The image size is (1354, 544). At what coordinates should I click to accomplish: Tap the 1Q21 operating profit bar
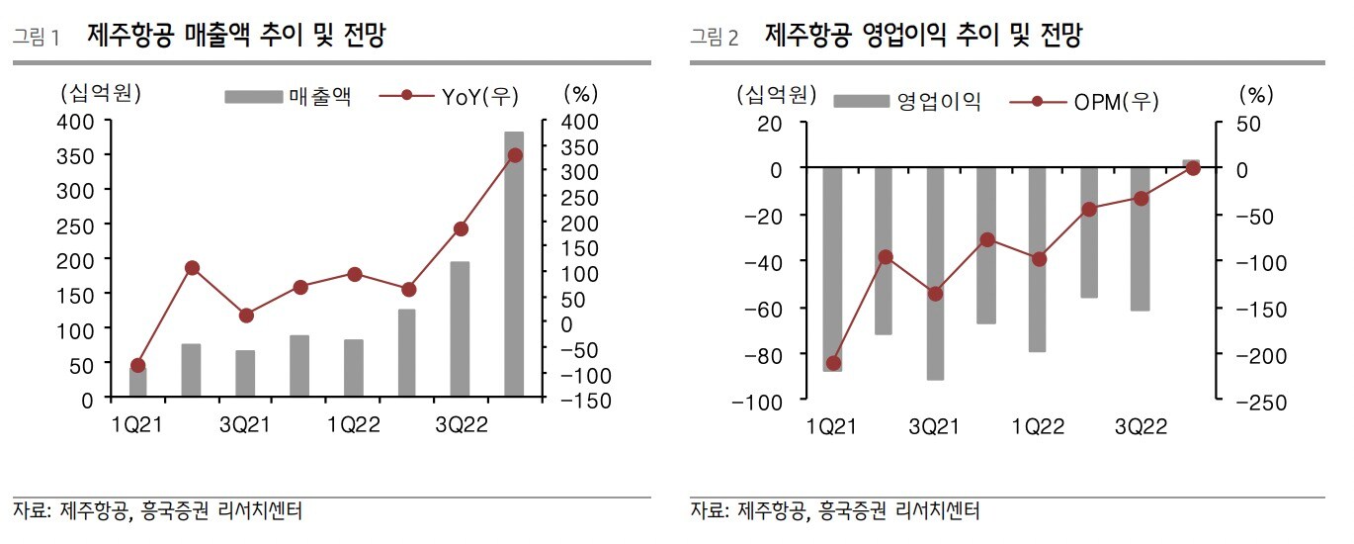(832, 269)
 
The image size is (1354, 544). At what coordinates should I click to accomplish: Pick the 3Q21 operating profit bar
(935, 274)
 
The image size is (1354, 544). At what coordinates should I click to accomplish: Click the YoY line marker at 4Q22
(514, 155)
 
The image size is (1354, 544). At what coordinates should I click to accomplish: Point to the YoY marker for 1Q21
(138, 365)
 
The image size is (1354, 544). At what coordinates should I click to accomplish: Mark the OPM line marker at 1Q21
(833, 363)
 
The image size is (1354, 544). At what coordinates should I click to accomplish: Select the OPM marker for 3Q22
(1141, 198)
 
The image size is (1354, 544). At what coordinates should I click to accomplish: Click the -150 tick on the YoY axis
(583, 401)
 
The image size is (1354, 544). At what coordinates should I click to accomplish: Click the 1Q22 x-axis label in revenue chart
(354, 425)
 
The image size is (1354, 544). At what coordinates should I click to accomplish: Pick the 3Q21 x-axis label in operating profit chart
(935, 426)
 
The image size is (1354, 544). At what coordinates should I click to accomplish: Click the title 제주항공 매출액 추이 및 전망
(236, 38)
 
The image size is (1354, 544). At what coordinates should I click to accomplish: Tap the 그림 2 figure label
(715, 39)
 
